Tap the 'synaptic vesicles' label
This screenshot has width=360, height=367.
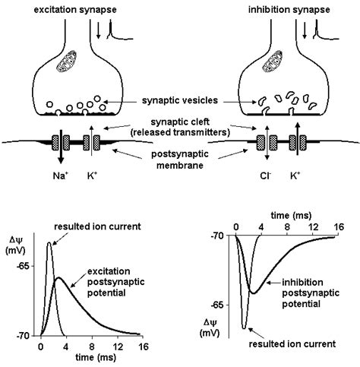click(180, 100)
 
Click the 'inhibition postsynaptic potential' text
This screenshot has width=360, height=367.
click(299, 293)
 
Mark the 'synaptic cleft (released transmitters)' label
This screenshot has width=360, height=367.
click(180, 131)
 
